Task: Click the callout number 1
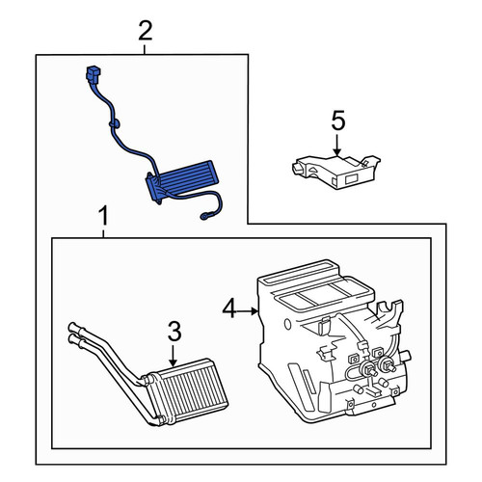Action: pyautogui.click(x=103, y=217)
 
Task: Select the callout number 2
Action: pyautogui.click(x=146, y=31)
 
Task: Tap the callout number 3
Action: pyautogui.click(x=174, y=332)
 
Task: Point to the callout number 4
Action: pyautogui.click(x=230, y=308)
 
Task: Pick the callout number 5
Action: pyautogui.click(x=338, y=120)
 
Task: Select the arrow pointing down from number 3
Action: pyautogui.click(x=173, y=356)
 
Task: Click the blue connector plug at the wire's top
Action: pyautogui.click(x=94, y=75)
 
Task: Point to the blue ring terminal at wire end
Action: pyautogui.click(x=204, y=217)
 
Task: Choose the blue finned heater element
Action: pyautogui.click(x=182, y=181)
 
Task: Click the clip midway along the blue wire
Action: pyautogui.click(x=114, y=122)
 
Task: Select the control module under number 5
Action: pyautogui.click(x=336, y=172)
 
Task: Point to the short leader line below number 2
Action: pyautogui.click(x=145, y=49)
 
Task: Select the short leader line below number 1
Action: pyautogui.click(x=103, y=234)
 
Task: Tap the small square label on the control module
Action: pyautogui.click(x=352, y=179)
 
